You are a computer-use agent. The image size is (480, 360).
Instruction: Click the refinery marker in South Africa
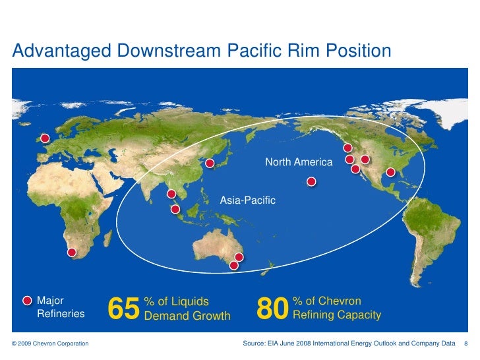click(72, 252)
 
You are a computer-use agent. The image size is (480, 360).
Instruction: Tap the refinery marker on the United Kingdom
click(45, 138)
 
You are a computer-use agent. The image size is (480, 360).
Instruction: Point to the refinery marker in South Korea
click(210, 163)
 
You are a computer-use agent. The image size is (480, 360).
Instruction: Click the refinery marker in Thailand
click(171, 194)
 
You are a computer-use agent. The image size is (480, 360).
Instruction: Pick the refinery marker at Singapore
click(175, 210)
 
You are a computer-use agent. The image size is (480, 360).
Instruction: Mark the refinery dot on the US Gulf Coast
click(390, 172)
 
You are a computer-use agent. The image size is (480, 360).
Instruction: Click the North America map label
click(299, 162)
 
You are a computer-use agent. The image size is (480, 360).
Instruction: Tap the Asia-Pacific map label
click(247, 199)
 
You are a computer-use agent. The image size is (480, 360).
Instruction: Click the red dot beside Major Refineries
click(27, 301)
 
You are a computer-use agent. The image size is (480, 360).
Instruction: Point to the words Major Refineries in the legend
click(60, 307)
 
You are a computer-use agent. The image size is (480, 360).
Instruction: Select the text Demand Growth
click(187, 315)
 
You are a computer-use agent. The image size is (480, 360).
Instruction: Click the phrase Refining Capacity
click(336, 315)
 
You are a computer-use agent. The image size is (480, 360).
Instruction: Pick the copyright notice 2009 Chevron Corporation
click(50, 344)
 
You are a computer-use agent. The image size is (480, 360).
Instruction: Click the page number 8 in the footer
click(466, 344)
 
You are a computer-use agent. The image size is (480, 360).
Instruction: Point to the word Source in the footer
click(254, 344)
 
